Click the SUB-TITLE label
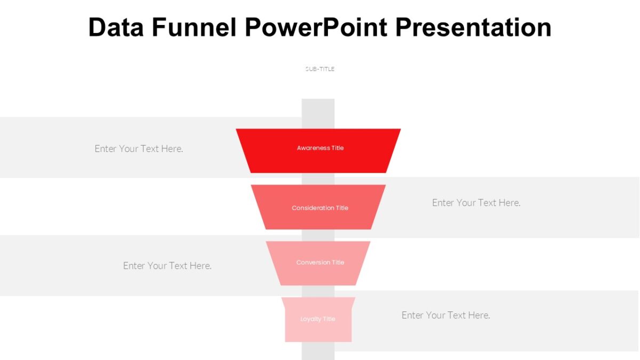pos(320,69)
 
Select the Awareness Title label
pos(320,148)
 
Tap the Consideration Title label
pos(320,208)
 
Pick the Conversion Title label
pos(320,262)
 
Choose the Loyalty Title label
pos(318,319)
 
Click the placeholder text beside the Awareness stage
pos(139,149)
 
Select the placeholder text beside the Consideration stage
pos(476,203)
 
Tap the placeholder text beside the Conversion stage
pos(167,266)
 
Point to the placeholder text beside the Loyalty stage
pos(446,315)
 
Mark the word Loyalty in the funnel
pos(310,319)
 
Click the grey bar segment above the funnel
pos(318,113)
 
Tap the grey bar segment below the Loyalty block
pos(318,351)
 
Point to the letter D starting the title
pos(97,27)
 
